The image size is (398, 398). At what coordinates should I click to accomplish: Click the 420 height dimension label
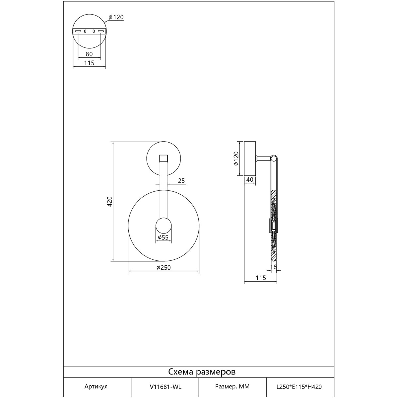pyautogui.click(x=110, y=201)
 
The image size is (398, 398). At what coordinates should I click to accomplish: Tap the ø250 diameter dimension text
pyautogui.click(x=164, y=268)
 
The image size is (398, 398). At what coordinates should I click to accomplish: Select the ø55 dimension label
pyautogui.click(x=163, y=237)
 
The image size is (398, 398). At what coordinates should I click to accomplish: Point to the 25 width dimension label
pyautogui.click(x=181, y=181)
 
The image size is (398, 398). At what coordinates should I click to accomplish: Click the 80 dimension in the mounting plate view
pyautogui.click(x=89, y=54)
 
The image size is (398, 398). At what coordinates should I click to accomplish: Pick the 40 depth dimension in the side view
pyautogui.click(x=250, y=180)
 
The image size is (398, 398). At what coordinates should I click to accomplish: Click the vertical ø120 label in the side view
pyautogui.click(x=236, y=159)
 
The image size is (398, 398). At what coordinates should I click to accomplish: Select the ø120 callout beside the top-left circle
pyautogui.click(x=116, y=17)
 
